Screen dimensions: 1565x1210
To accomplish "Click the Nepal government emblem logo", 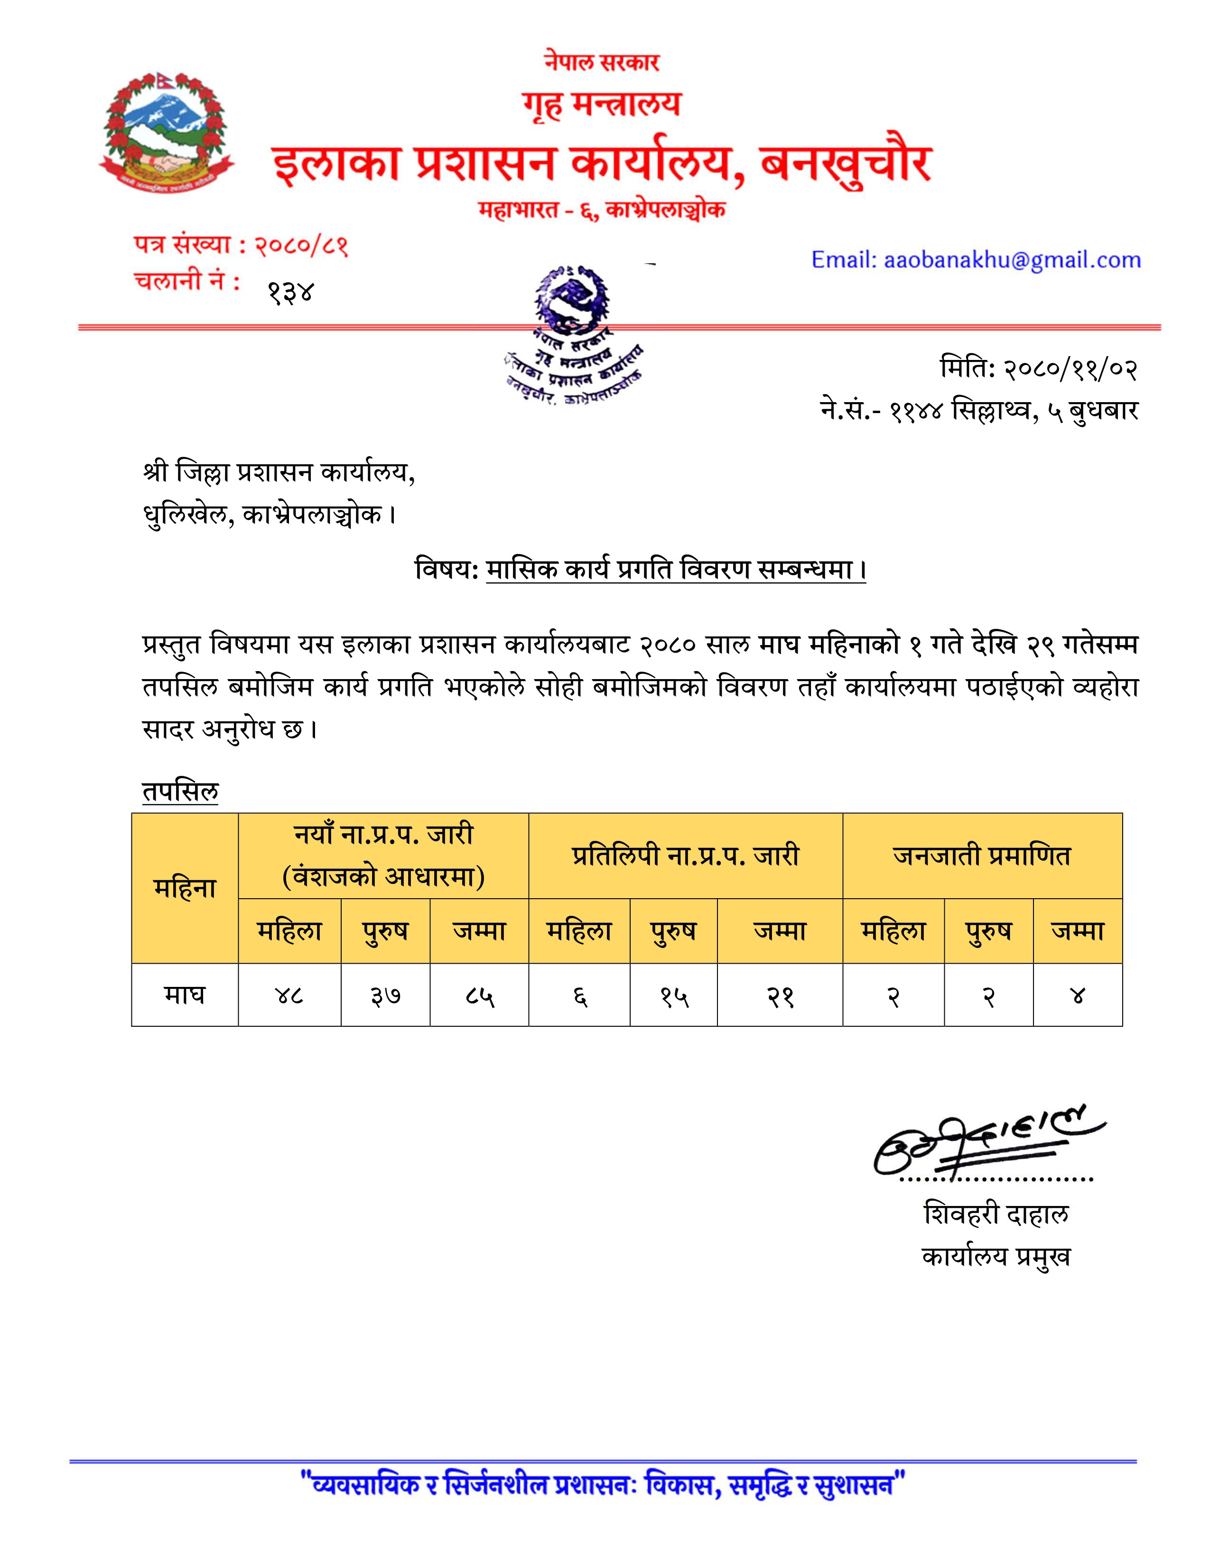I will point(167,132).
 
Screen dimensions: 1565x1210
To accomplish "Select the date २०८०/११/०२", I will point(1070,369).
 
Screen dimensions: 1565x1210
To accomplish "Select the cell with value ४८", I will point(289,995).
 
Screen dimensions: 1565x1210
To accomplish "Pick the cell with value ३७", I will point(386,995).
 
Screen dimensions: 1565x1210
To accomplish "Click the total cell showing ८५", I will point(480,995).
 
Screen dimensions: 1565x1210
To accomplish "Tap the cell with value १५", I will point(674,995).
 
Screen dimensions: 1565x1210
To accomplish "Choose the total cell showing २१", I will point(780,995).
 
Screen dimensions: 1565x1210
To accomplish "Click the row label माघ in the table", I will point(185,995).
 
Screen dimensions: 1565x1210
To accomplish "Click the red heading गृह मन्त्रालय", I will point(601,105).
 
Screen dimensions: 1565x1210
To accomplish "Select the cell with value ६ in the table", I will point(580,995).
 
